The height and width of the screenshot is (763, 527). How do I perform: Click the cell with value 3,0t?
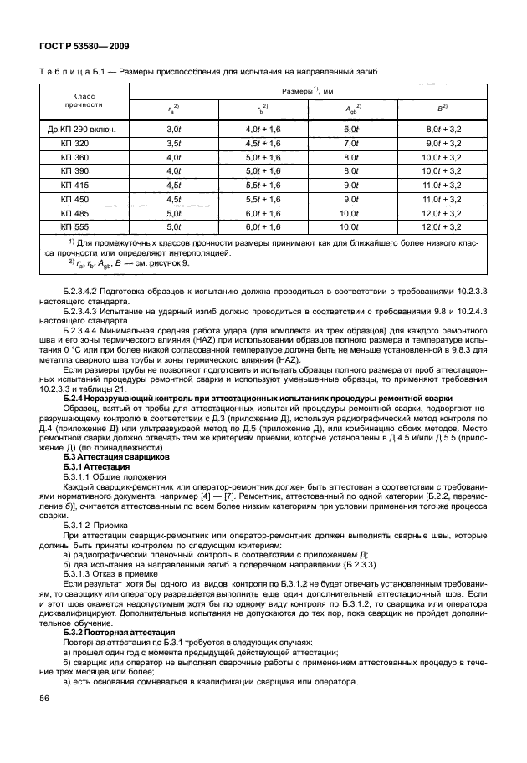(x=174, y=130)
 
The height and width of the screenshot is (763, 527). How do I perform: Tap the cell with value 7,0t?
(x=351, y=143)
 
